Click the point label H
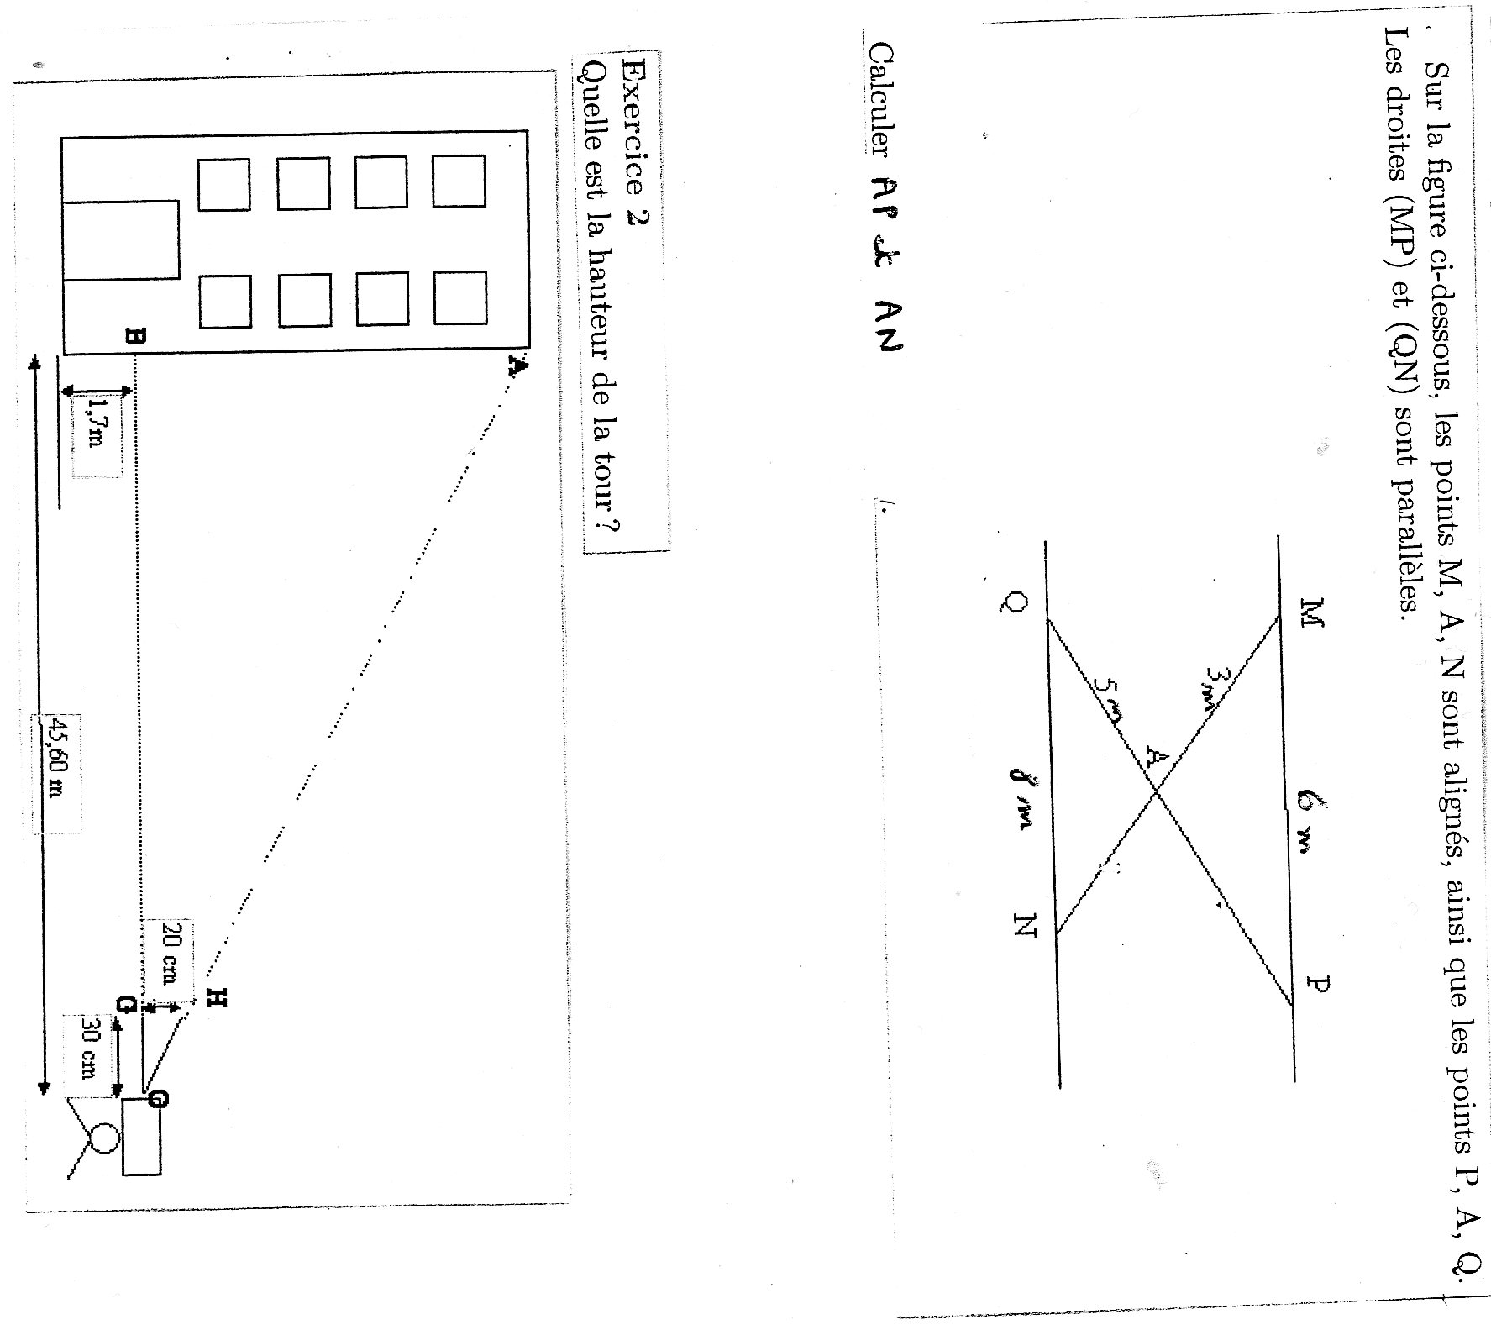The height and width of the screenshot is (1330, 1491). (217, 996)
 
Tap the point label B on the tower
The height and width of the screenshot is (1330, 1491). (134, 338)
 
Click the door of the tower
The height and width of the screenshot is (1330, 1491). (121, 240)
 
